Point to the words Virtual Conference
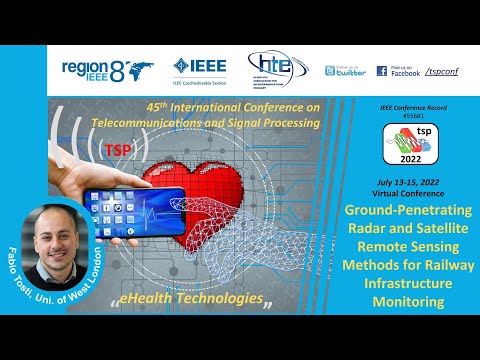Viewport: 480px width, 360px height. coord(411,192)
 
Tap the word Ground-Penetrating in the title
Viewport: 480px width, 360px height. coord(411,211)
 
